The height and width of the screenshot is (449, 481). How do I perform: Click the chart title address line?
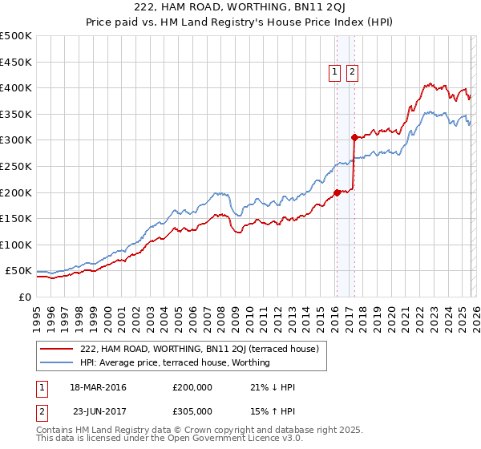[240, 7]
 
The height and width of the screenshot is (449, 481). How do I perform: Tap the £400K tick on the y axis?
[16, 87]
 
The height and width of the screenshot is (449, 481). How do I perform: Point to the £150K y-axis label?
[16, 218]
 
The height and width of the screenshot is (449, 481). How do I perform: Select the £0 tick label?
[25, 297]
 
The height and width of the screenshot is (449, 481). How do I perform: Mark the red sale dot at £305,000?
[354, 137]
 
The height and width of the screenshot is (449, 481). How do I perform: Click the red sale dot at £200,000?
[336, 192]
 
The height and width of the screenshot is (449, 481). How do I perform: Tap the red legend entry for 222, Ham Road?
[200, 349]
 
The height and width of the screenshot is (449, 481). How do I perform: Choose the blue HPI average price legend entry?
[175, 362]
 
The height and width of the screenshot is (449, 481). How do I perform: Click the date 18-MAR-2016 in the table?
[98, 387]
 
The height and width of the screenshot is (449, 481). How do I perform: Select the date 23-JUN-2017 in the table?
[98, 411]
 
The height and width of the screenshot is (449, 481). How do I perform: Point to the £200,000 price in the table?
[192, 387]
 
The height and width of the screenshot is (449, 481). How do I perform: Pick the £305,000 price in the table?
[192, 411]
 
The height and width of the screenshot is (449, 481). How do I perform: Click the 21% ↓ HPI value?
[273, 387]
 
